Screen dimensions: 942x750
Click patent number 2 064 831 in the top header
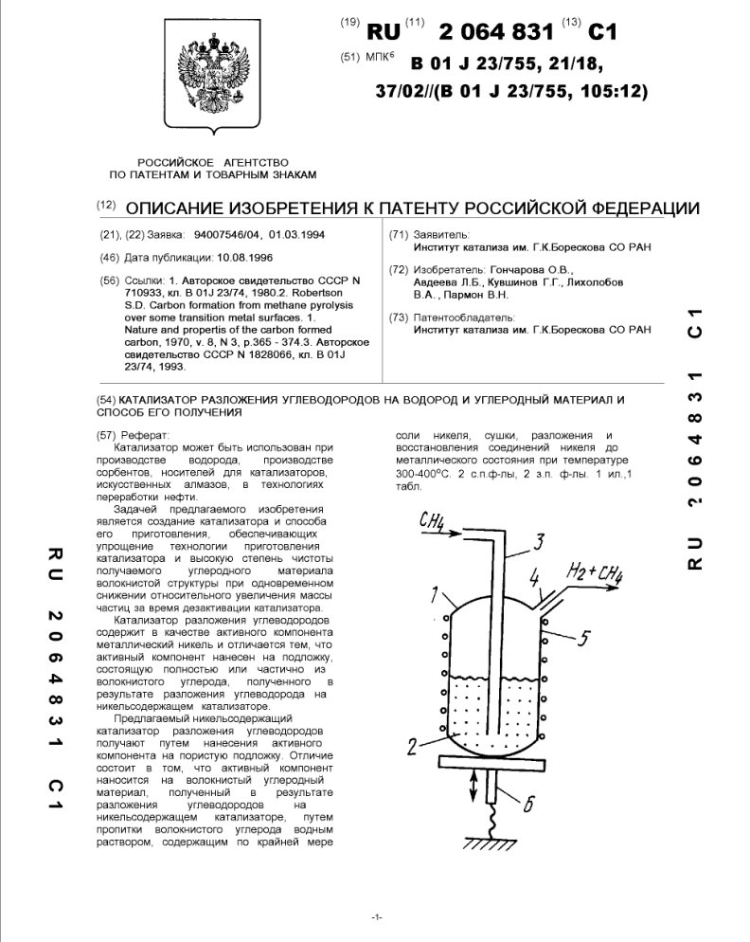[x=493, y=31]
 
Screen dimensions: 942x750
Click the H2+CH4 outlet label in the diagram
[x=594, y=571]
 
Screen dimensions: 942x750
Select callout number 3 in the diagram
[x=536, y=541]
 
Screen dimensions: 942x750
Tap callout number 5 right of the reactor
[x=584, y=638]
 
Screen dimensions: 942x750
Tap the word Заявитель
[x=441, y=234]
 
